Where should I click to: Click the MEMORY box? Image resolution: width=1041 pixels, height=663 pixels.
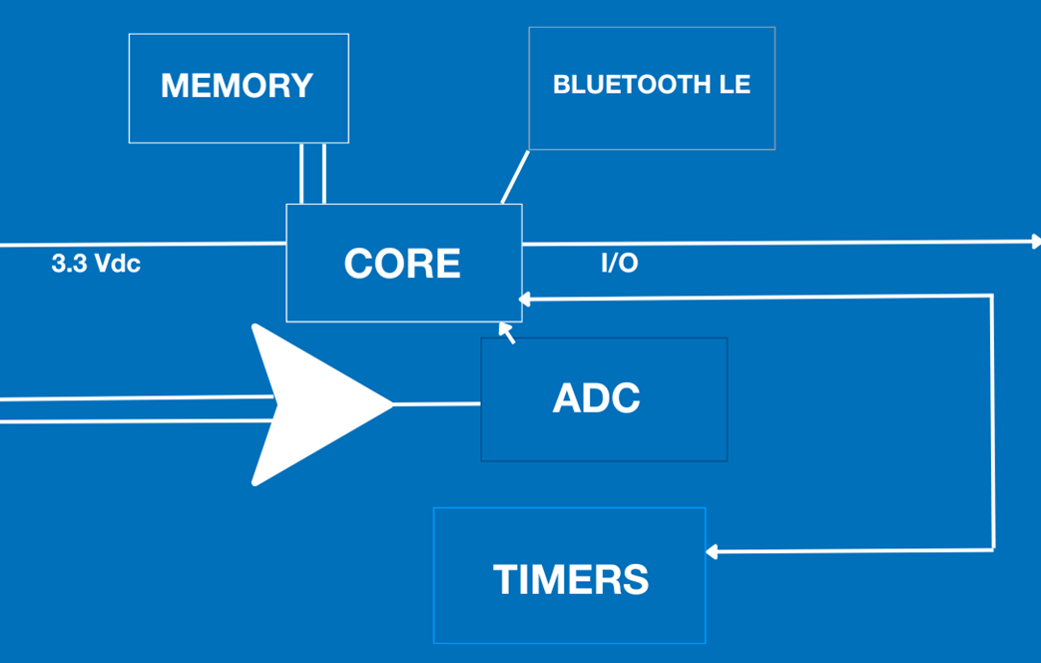239,88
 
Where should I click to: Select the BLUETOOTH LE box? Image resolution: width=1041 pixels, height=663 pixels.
652,88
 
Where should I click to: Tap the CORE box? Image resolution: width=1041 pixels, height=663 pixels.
403,263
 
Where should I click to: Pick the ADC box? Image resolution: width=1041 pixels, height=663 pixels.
603,399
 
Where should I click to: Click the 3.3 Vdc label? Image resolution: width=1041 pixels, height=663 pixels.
96,266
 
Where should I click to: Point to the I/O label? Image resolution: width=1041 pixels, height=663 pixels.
619,265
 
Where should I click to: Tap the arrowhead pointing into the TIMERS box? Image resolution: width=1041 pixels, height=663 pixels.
713,550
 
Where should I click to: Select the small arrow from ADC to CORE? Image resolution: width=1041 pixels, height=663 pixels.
507,331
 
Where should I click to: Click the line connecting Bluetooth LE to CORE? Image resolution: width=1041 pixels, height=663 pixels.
514,178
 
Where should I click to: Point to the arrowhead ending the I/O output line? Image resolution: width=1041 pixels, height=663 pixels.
1035,242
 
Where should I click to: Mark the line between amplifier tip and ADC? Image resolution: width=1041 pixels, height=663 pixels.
437,404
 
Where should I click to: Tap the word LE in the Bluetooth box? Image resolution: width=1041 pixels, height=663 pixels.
735,85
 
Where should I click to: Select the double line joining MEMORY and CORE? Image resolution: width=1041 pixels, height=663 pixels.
312,174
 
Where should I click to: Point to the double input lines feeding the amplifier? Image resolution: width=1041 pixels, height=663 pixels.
130,409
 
